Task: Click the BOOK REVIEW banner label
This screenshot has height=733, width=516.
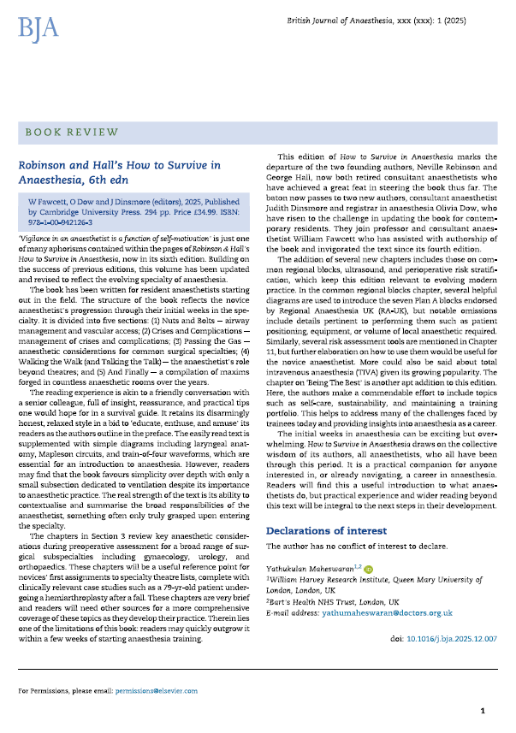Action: point(72,132)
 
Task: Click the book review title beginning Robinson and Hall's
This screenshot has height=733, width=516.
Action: point(120,171)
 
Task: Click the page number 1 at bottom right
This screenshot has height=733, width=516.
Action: point(483,710)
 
